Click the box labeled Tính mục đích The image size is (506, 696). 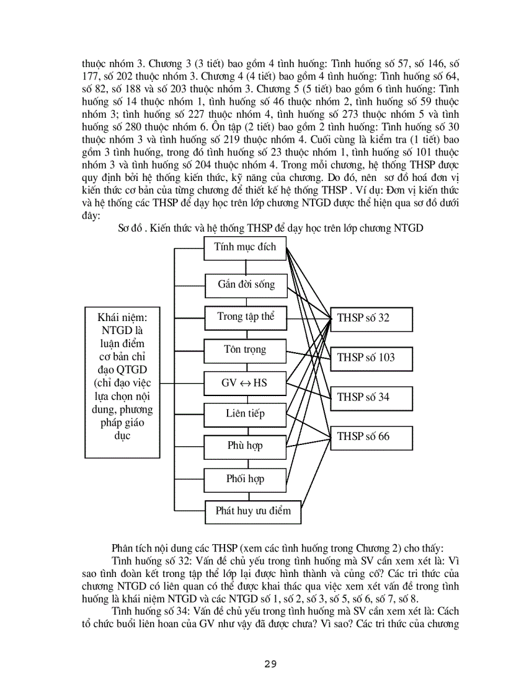[x=246, y=248]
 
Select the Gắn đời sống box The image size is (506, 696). [x=246, y=285]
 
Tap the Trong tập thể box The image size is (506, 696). [x=246, y=317]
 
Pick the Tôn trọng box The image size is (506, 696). [x=246, y=350]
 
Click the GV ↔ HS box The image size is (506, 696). [x=244, y=384]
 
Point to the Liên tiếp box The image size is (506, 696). [x=244, y=414]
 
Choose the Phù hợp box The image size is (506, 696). [x=244, y=446]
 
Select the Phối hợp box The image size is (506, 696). [x=244, y=479]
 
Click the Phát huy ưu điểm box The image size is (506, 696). [x=253, y=511]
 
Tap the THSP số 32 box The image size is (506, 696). [x=371, y=318]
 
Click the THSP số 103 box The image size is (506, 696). [x=371, y=358]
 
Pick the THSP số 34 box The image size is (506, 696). [x=371, y=397]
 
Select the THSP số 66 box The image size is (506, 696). [x=371, y=436]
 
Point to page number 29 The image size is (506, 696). [x=270, y=665]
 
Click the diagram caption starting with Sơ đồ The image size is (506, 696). [x=270, y=228]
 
